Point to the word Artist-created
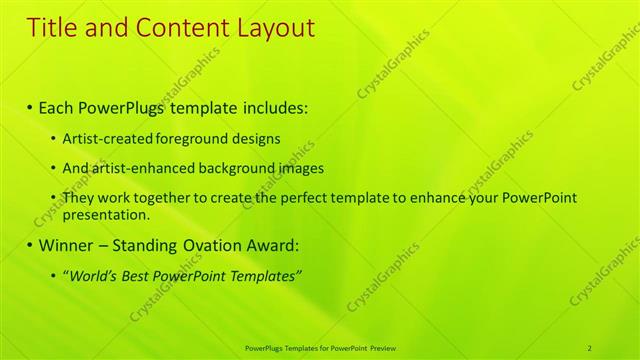point(108,138)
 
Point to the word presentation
point(104,214)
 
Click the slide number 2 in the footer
point(590,347)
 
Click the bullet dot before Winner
point(30,245)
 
